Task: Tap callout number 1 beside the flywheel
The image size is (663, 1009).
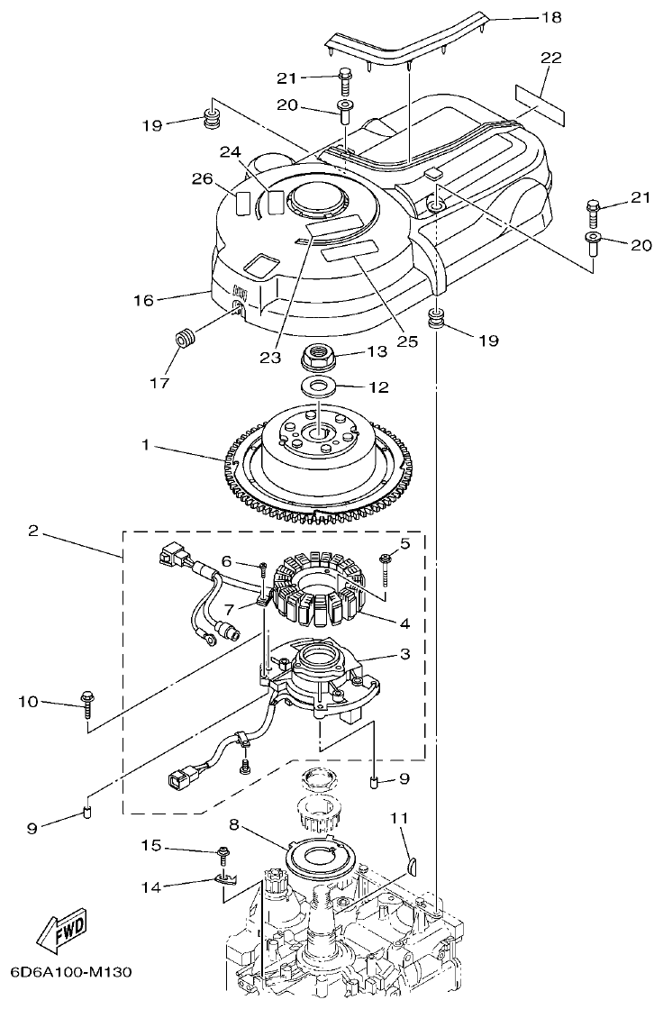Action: tap(144, 445)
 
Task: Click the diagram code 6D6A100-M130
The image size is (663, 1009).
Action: tap(71, 973)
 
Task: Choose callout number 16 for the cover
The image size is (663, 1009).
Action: tap(144, 298)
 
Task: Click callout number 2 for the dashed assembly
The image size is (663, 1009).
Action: tap(33, 532)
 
